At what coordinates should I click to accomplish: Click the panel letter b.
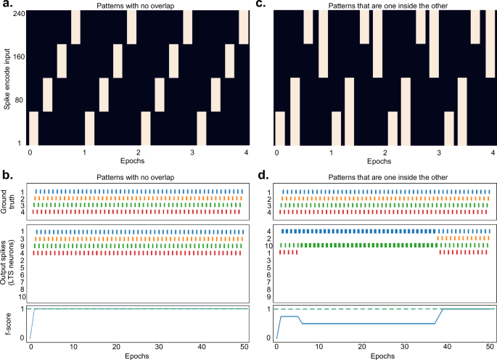pos(9,176)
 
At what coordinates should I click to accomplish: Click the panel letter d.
pos(260,176)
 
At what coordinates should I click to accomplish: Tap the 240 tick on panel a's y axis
pos(17,12)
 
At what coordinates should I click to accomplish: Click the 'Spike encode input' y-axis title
pos(6,78)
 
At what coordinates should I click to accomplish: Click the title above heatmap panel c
pos(385,6)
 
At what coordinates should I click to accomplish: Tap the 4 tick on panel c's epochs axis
pos(493,153)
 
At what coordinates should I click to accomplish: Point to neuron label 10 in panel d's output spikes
pos(269,245)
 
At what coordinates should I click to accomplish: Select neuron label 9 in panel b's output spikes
pos(23,245)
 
